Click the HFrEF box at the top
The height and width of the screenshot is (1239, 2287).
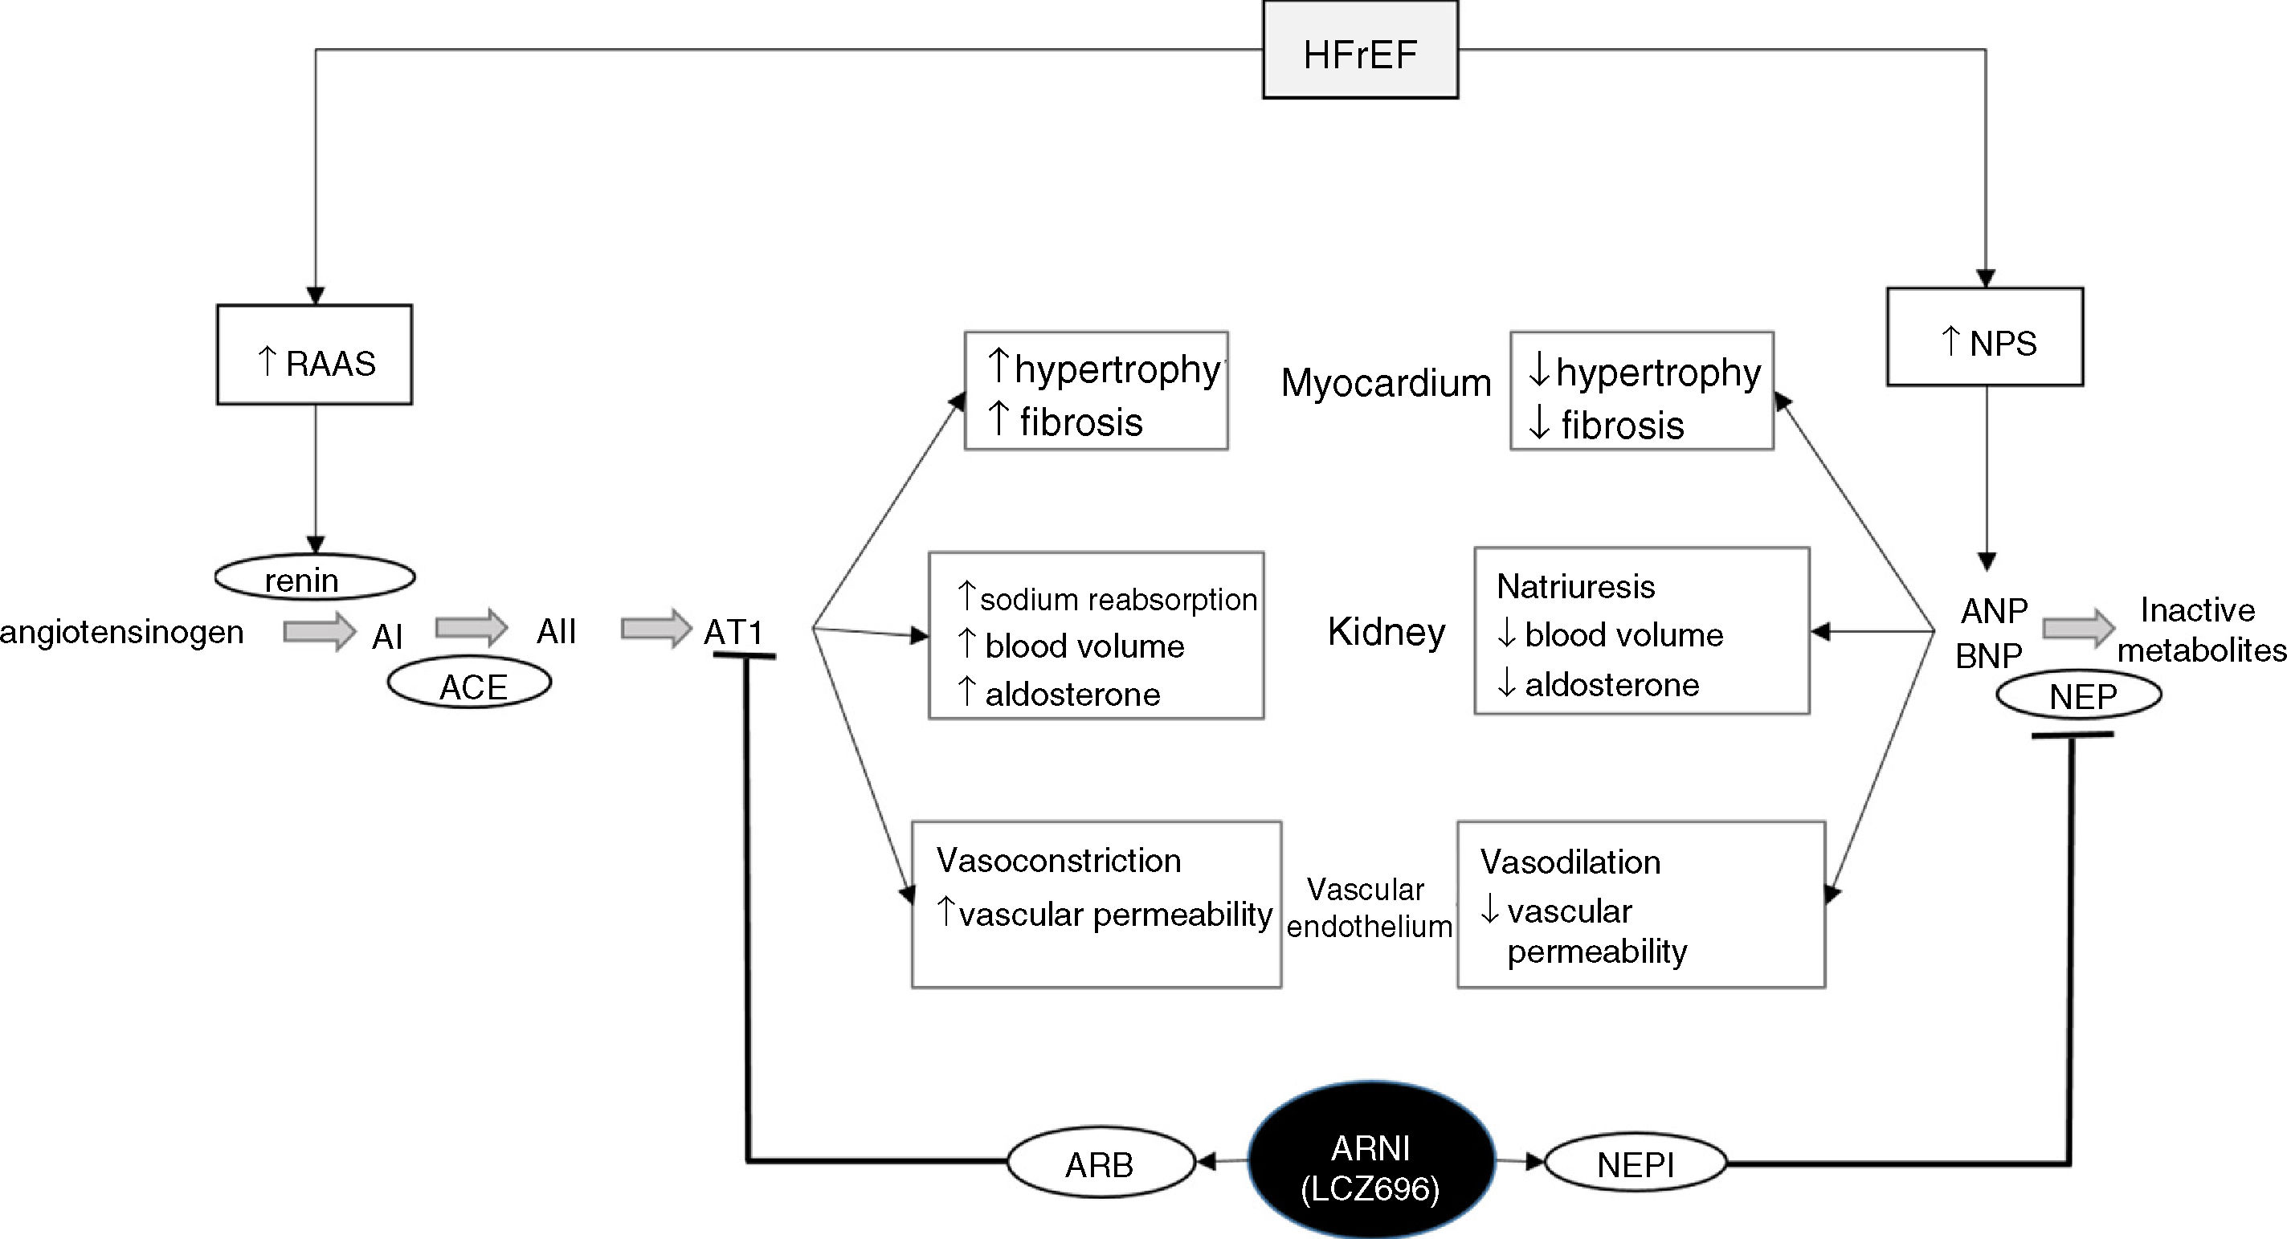point(1360,50)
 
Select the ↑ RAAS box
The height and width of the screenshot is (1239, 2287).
point(314,355)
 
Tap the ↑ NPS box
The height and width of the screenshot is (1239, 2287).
point(1985,336)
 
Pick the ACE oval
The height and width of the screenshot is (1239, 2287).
point(470,683)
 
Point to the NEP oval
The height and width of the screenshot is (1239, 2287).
point(2079,695)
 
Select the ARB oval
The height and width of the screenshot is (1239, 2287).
point(1101,1162)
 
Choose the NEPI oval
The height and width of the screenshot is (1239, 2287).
point(1636,1162)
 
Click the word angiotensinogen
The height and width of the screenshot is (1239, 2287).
point(121,632)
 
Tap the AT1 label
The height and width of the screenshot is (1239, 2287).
point(733,632)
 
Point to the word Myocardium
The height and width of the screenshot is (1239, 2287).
point(1386,383)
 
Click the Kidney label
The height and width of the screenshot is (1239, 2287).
point(1386,632)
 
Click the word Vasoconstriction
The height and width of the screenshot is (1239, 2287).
point(1058,860)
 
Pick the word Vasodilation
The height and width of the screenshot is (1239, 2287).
point(1570,862)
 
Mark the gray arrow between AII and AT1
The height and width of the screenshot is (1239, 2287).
point(656,630)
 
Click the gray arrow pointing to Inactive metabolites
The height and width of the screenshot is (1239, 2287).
point(2078,629)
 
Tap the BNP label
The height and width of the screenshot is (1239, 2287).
point(1989,656)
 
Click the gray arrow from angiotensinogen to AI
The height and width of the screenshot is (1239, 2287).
point(320,632)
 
